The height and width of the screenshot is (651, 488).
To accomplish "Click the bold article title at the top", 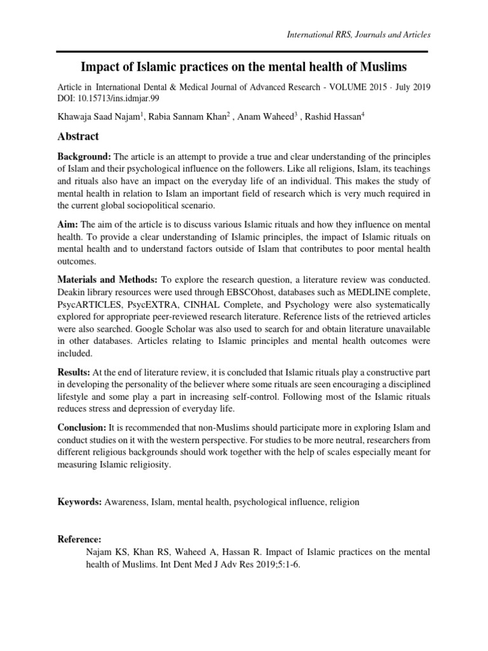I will tap(244, 67).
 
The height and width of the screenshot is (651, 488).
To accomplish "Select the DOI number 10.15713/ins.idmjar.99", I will tap(114, 99).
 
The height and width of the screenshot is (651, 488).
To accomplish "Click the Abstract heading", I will tap(78, 136).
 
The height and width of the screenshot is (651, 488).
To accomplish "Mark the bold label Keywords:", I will tap(80, 502).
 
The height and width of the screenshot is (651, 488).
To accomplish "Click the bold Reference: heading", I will tap(80, 538).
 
